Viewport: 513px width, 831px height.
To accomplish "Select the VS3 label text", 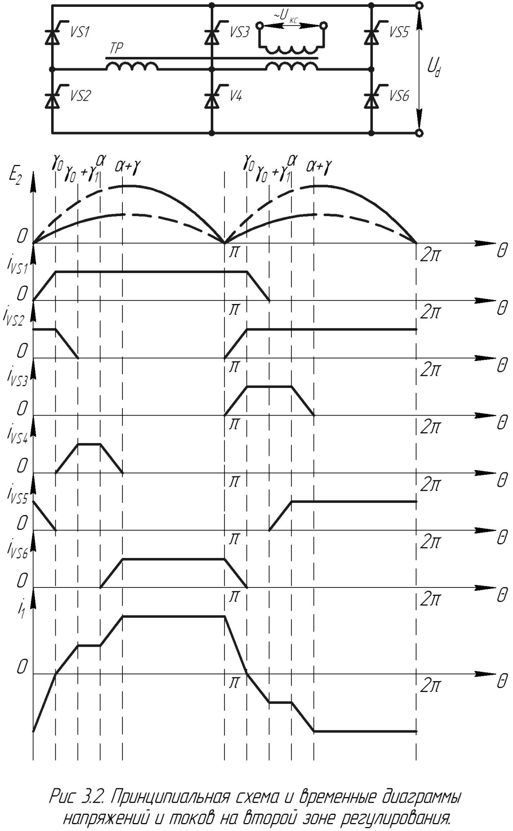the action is point(239,32).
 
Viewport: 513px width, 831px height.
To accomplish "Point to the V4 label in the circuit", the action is point(236,96).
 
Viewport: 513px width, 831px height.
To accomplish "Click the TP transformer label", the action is point(116,49).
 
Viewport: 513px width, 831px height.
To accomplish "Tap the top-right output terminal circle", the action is point(419,5).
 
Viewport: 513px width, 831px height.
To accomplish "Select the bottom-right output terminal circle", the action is point(419,133).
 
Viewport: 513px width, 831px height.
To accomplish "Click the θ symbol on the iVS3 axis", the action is point(502,422).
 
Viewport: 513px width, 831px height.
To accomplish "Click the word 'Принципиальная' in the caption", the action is point(168,797).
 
